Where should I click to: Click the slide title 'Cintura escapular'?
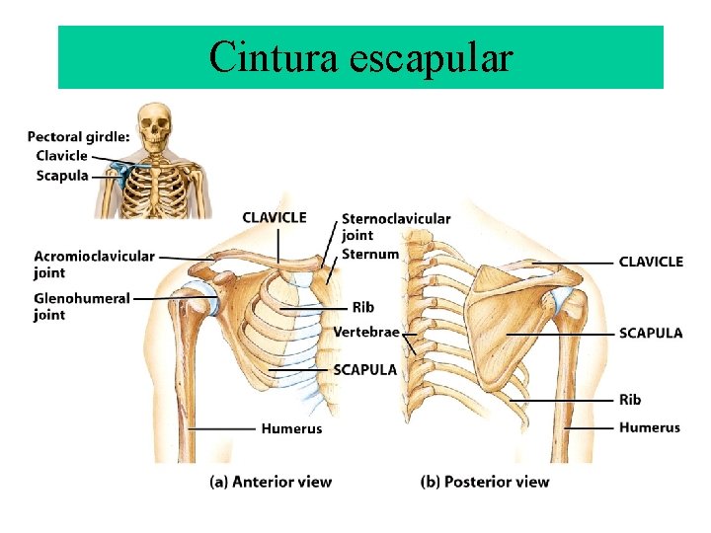click(x=360, y=58)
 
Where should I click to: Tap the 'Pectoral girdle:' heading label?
click(x=78, y=136)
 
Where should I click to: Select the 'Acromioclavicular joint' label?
click(x=94, y=264)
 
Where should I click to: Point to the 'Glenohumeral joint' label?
click(x=81, y=306)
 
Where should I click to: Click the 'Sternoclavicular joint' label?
click(x=395, y=226)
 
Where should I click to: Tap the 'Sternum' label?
click(x=370, y=254)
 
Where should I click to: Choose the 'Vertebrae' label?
click(x=366, y=332)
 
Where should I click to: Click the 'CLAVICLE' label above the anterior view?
click(x=275, y=217)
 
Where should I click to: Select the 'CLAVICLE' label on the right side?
click(x=651, y=262)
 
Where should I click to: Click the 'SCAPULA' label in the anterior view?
click(x=365, y=369)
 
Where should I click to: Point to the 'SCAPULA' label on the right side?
click(x=650, y=333)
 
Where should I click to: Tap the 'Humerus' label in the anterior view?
click(x=291, y=428)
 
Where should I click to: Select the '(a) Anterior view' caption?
click(x=271, y=482)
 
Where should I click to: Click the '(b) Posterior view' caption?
click(x=485, y=482)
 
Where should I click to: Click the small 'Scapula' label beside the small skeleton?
click(x=62, y=176)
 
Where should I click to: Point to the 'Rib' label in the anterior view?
click(x=362, y=308)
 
